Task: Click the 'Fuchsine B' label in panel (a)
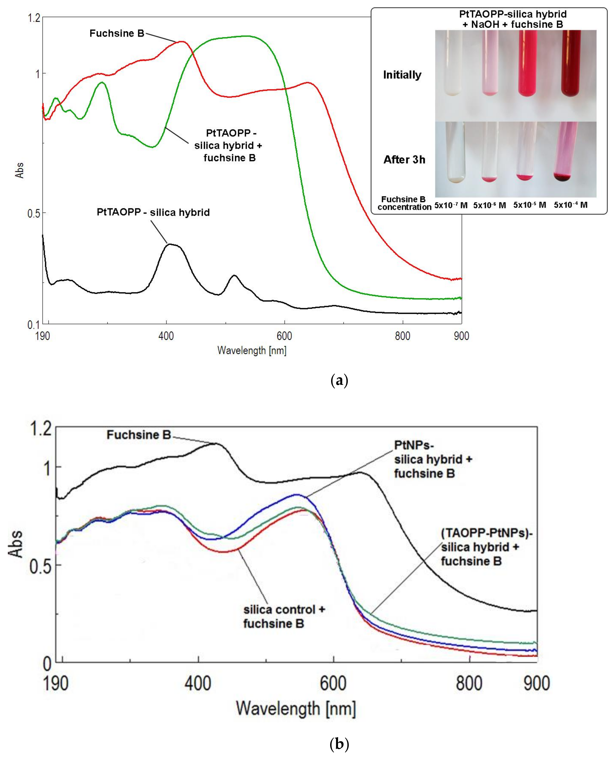point(117,33)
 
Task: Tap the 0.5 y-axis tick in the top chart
point(34,213)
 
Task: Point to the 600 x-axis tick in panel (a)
point(284,335)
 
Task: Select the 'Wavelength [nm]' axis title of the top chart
point(252,350)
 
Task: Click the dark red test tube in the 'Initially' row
point(571,64)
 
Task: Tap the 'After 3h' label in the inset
point(404,160)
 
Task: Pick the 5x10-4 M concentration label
point(571,205)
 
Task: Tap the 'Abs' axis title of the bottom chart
point(16,544)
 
